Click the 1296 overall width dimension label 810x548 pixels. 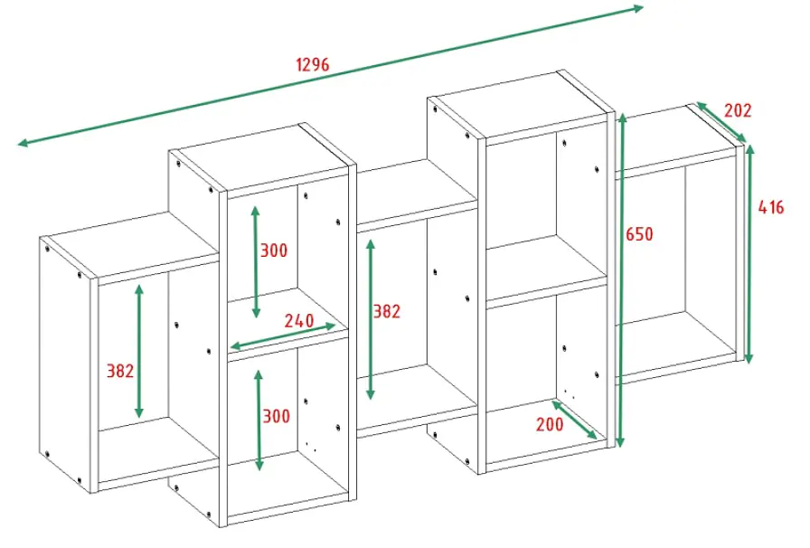(x=313, y=64)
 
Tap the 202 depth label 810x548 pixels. (x=737, y=110)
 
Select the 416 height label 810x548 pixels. (x=771, y=207)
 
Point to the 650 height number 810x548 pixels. (x=639, y=234)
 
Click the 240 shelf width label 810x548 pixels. (x=299, y=320)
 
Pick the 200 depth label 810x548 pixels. (x=550, y=424)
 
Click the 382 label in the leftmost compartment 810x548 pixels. (x=120, y=371)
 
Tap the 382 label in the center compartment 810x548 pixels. (x=386, y=311)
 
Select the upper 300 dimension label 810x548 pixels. (x=273, y=250)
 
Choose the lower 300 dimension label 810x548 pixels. (x=277, y=416)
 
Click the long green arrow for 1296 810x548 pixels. (x=331, y=75)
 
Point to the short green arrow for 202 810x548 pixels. (x=721, y=122)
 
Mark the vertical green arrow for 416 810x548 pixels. (x=749, y=254)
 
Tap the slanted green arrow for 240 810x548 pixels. (x=283, y=336)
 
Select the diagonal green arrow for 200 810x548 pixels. (x=574, y=420)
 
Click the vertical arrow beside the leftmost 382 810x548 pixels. (x=139, y=351)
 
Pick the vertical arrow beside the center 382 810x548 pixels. (x=371, y=319)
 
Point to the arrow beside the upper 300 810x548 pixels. (x=256, y=261)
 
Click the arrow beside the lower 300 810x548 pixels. (x=259, y=420)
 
